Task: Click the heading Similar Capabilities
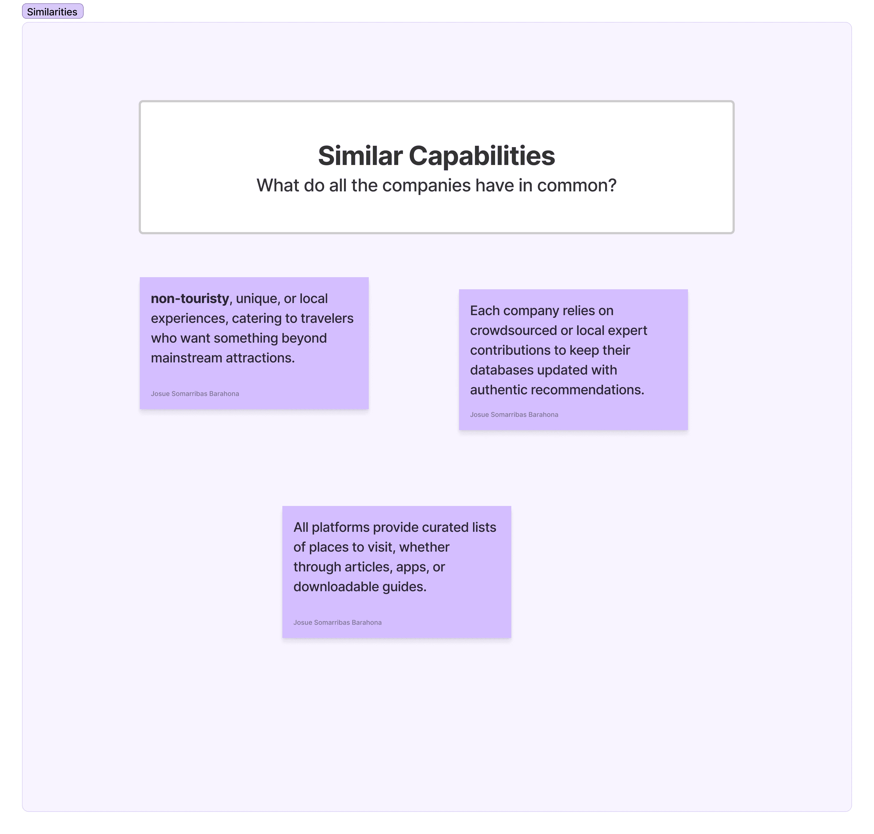click(436, 156)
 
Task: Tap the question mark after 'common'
click(613, 185)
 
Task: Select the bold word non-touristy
click(190, 298)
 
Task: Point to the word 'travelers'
click(327, 318)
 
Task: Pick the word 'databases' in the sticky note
click(498, 370)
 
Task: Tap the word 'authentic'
click(498, 390)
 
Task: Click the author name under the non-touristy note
click(195, 394)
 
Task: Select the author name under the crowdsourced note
click(514, 415)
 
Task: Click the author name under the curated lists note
click(337, 622)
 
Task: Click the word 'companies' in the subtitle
click(426, 185)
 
